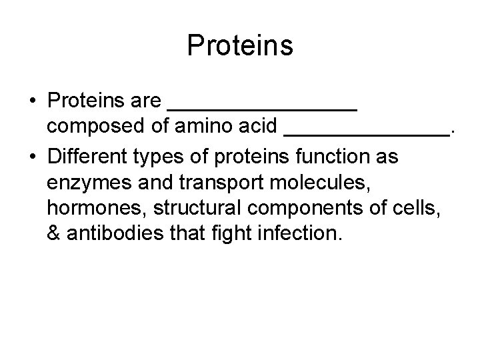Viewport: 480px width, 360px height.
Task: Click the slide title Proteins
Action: [240, 46]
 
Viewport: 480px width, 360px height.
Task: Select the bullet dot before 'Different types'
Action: [33, 159]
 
